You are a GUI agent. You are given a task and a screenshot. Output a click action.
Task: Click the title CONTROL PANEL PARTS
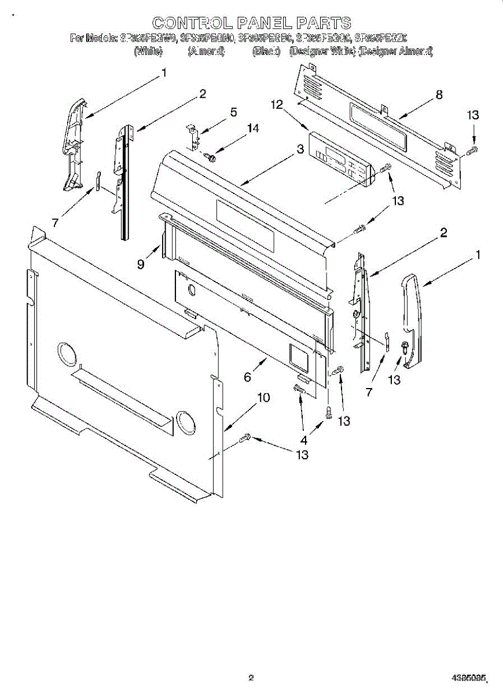(x=251, y=23)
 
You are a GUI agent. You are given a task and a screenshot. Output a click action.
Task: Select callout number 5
(x=233, y=112)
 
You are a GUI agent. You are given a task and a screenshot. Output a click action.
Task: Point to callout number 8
(x=439, y=95)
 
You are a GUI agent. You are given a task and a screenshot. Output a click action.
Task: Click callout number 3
(x=300, y=149)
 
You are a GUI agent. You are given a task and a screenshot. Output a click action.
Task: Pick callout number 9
(x=141, y=264)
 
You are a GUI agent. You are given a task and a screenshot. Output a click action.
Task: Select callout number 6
(x=247, y=377)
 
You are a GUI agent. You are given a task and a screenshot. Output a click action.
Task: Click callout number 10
(x=263, y=398)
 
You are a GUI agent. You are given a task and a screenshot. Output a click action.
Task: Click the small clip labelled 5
(x=193, y=134)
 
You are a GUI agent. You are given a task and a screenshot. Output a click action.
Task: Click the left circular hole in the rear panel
(x=67, y=354)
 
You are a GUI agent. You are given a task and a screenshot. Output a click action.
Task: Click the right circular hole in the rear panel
(x=186, y=423)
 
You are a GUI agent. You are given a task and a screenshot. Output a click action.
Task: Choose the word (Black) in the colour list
(x=266, y=52)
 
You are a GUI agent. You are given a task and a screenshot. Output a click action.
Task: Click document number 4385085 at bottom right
(x=469, y=676)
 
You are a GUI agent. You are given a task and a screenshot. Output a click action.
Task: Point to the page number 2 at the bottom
(x=251, y=676)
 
